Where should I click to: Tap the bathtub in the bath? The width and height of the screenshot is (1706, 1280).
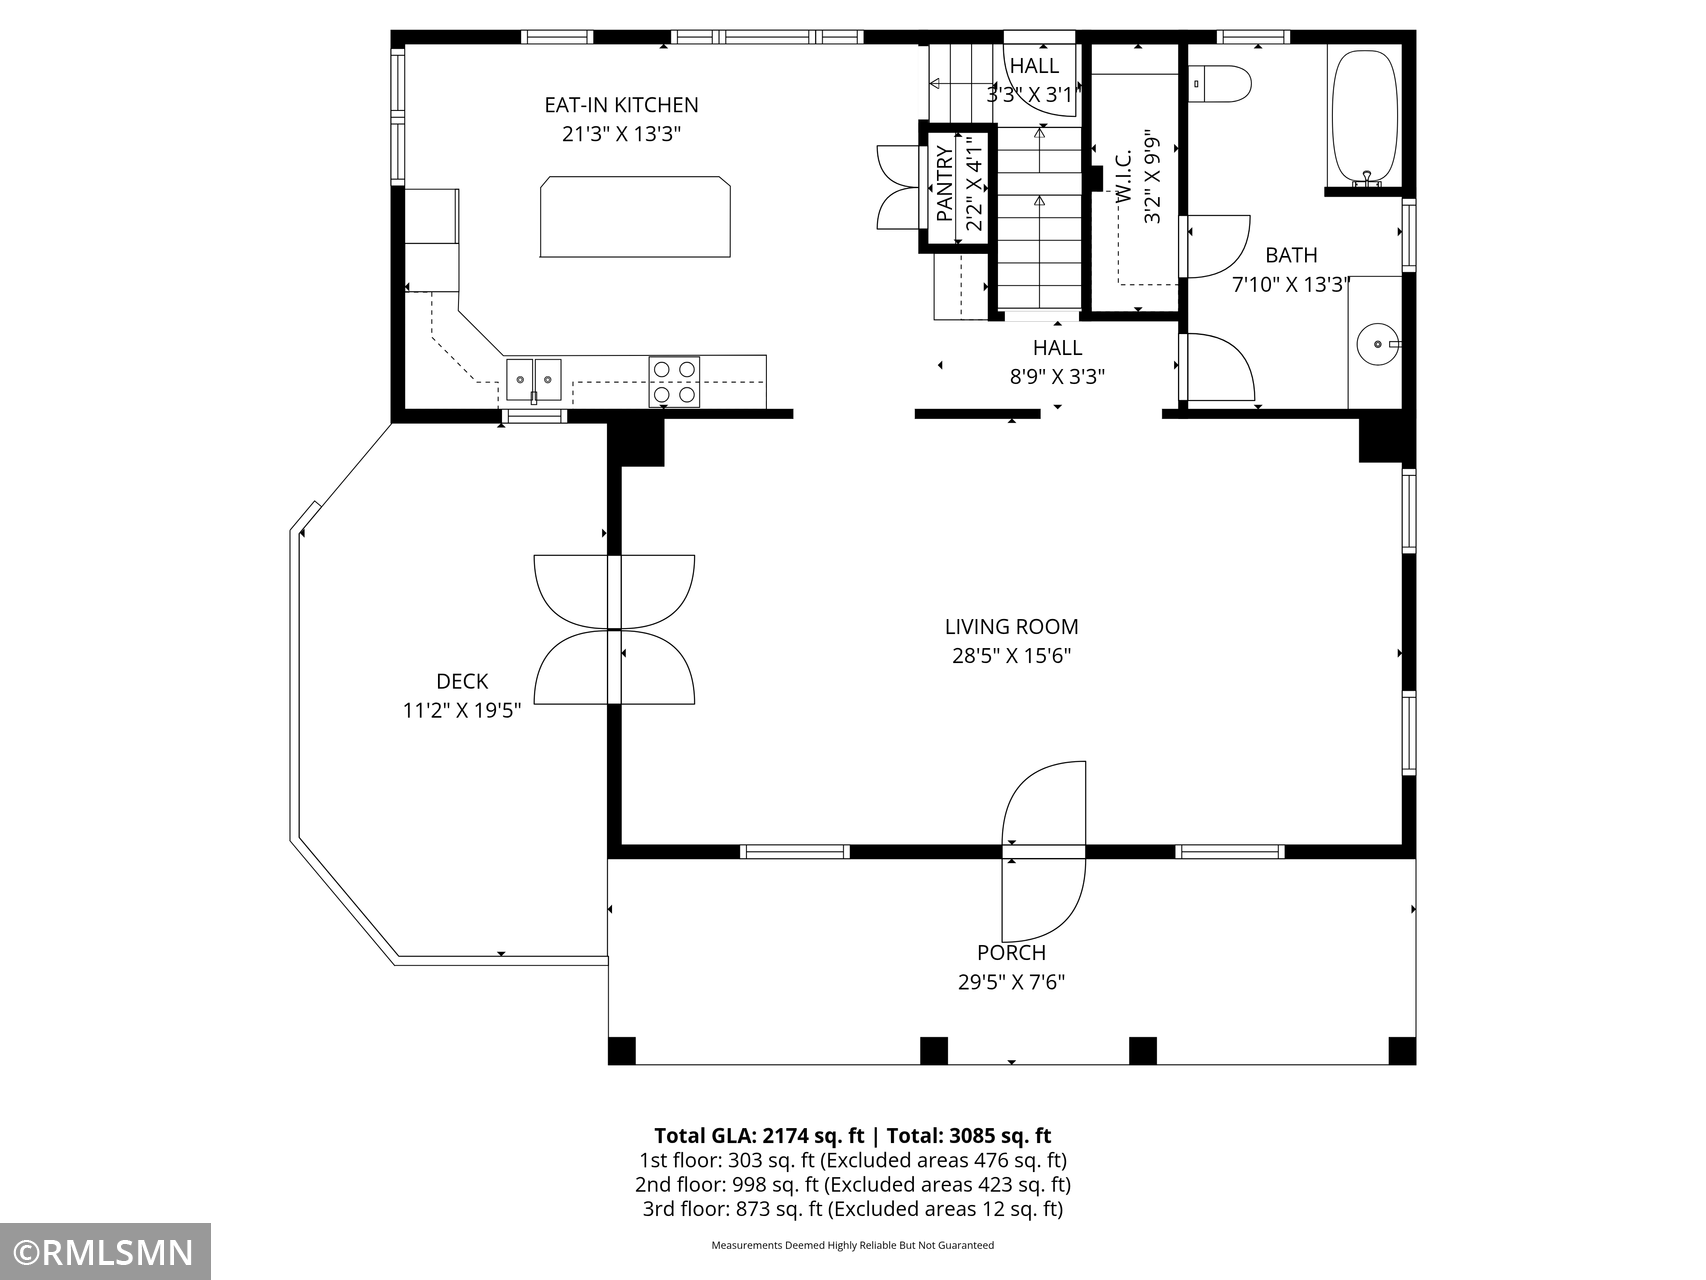point(1365,117)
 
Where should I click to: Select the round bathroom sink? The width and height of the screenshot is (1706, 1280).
point(1378,344)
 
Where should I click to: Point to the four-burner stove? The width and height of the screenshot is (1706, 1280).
point(674,381)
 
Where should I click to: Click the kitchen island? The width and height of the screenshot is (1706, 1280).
point(635,217)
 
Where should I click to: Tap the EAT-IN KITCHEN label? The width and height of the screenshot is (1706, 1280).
point(621,105)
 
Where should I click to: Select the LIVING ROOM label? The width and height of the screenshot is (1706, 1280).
point(1012,627)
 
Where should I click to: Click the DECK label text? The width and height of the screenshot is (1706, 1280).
point(462,682)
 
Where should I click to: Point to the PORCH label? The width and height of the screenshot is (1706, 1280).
point(1012,953)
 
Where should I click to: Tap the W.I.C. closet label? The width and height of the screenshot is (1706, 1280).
point(1123,177)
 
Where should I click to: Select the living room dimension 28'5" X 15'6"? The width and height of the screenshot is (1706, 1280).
point(1012,656)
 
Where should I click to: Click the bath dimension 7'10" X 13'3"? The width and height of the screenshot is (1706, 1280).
point(1291,285)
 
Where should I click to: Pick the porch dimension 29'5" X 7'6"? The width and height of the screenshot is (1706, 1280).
point(1012,982)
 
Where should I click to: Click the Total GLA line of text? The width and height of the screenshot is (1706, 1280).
point(853,1135)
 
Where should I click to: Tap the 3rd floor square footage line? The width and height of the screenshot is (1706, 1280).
point(853,1209)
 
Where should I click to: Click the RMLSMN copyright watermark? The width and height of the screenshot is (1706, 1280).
point(105,1252)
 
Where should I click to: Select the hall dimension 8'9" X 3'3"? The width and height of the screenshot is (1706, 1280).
point(1057,377)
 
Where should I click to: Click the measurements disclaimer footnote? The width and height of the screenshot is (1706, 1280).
point(853,1245)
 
